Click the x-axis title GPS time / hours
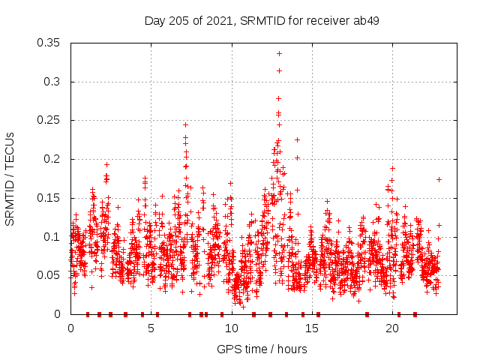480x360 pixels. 261,349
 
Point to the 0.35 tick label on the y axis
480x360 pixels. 49,43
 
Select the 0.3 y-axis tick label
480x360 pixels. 52,82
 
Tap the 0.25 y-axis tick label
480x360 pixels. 49,120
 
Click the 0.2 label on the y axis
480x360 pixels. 52,159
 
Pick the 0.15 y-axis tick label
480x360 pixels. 49,198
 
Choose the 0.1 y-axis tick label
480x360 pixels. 52,237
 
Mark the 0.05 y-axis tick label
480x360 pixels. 49,275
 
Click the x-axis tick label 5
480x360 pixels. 151,328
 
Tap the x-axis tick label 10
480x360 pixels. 232,328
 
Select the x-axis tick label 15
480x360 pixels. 312,328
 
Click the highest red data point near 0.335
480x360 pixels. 279,53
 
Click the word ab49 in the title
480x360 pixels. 365,21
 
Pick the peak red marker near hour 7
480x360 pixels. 185,124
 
